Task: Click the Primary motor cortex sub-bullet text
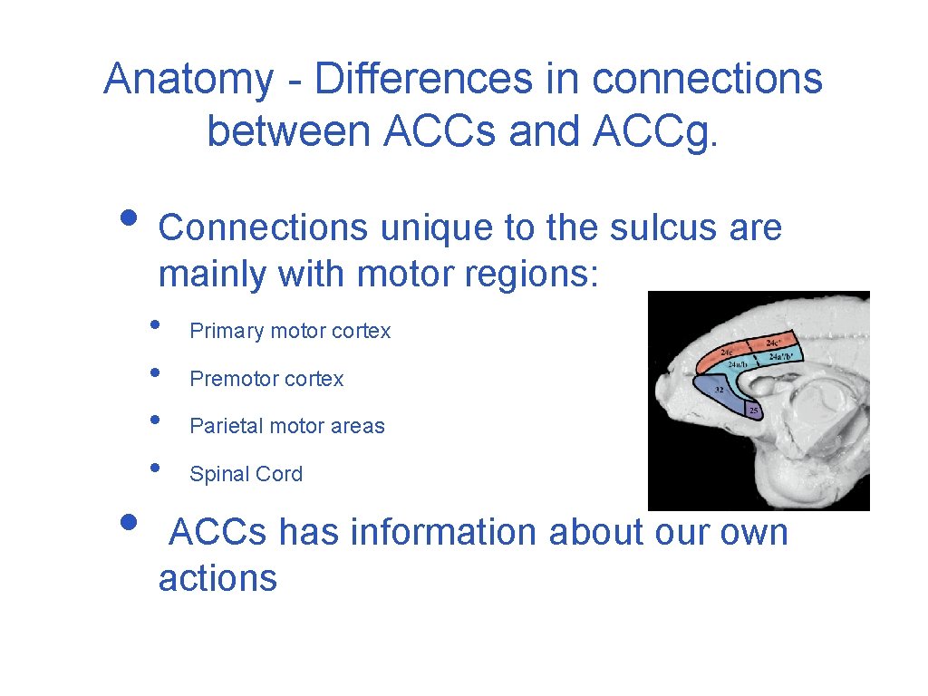click(290, 332)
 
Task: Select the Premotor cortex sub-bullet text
click(266, 379)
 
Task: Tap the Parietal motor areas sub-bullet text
click(287, 426)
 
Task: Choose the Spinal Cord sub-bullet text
click(246, 474)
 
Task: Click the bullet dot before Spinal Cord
click(156, 468)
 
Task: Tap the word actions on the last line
click(217, 578)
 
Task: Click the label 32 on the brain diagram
click(719, 390)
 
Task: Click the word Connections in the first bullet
click(263, 227)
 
